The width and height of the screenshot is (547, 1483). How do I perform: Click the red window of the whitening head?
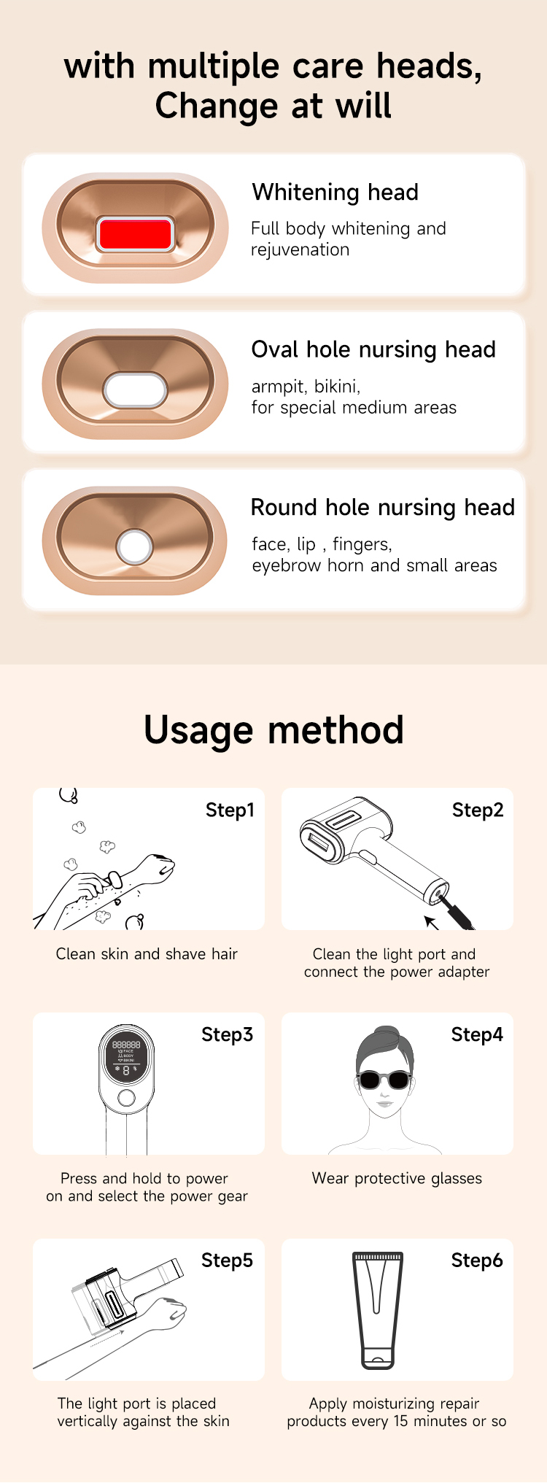click(x=135, y=233)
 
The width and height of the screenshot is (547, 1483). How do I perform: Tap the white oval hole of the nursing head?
click(x=136, y=390)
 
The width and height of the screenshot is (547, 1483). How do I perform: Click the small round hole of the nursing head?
click(x=135, y=546)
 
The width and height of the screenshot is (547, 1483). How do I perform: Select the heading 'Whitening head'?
click(x=335, y=193)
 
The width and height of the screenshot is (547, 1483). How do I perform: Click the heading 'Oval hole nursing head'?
click(x=373, y=350)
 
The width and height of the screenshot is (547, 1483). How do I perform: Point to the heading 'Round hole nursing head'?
click(x=383, y=508)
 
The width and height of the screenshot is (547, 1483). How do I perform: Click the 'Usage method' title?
click(x=273, y=730)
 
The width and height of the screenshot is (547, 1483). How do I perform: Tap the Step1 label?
click(x=230, y=810)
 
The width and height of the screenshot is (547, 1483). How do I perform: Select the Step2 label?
click(x=478, y=810)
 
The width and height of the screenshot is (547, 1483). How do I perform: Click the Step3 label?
click(x=227, y=1035)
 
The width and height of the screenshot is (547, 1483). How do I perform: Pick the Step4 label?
click(x=477, y=1035)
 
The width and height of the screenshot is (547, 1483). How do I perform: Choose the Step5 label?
click(x=227, y=1261)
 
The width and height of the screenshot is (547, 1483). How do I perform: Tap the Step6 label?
click(x=477, y=1261)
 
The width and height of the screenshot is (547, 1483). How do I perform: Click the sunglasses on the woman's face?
click(x=384, y=1080)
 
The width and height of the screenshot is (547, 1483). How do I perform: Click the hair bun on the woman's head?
click(x=384, y=1037)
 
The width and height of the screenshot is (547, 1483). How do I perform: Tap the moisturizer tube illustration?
click(x=377, y=1310)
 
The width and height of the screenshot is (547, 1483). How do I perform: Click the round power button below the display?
click(x=126, y=1099)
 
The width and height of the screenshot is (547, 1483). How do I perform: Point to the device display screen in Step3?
click(x=126, y=1058)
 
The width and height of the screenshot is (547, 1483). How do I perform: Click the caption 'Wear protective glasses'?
click(x=397, y=1179)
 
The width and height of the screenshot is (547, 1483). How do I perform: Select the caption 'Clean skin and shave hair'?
click(x=147, y=954)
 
